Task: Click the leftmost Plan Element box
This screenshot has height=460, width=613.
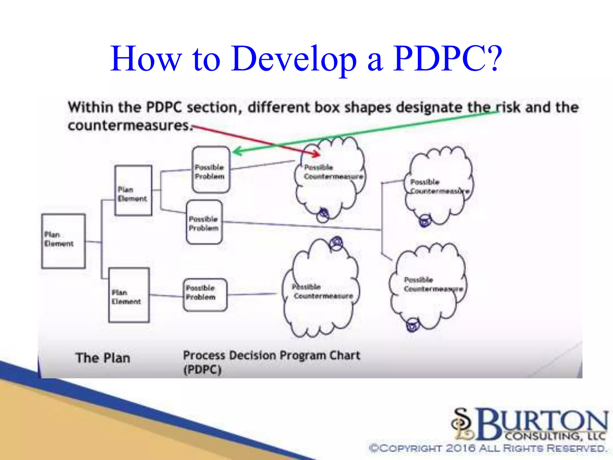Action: click(x=63, y=241)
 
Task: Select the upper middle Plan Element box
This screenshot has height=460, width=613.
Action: click(x=133, y=190)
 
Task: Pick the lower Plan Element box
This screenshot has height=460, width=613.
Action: click(x=129, y=295)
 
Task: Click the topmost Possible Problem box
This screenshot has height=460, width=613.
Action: click(x=211, y=170)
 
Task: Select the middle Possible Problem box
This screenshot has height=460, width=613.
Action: click(x=204, y=222)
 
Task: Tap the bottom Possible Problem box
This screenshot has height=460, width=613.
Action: click(x=205, y=295)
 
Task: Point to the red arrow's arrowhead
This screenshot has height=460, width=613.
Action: click(x=317, y=154)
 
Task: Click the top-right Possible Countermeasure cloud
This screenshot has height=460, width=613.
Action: click(x=439, y=186)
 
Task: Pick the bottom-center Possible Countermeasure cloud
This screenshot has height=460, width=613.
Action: click(x=322, y=290)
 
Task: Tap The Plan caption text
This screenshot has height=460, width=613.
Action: click(x=103, y=358)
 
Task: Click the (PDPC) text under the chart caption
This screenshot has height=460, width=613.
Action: click(x=202, y=370)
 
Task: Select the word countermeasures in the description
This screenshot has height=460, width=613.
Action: click(x=129, y=125)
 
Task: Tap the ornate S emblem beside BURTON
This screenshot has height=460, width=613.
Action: click(x=463, y=424)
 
